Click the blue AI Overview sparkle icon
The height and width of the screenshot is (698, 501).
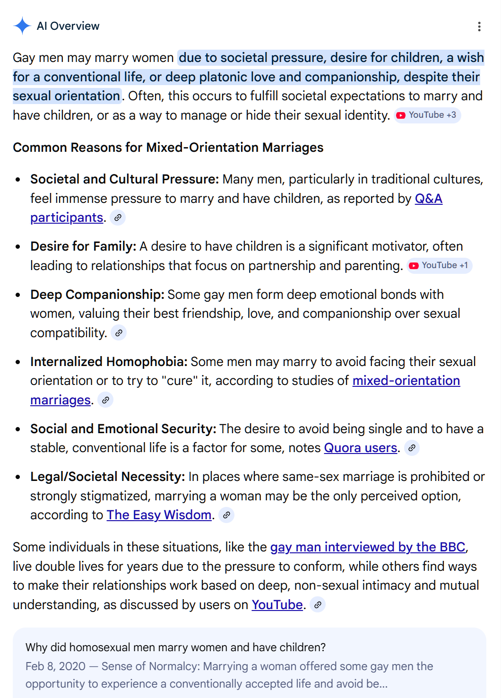click(22, 26)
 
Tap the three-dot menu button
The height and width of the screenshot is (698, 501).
click(479, 26)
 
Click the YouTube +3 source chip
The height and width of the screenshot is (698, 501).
click(427, 115)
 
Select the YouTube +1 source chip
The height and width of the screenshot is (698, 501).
click(440, 265)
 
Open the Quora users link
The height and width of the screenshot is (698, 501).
click(360, 448)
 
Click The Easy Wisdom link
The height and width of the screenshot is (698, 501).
click(159, 515)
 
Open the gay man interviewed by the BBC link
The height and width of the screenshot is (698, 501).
click(368, 547)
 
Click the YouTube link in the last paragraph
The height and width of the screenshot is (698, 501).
click(277, 605)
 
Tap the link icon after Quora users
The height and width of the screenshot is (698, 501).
click(412, 448)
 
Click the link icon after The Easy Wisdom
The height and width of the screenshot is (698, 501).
click(227, 515)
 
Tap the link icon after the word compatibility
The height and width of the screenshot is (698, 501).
click(119, 333)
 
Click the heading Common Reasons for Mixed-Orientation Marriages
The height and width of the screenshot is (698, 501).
click(168, 148)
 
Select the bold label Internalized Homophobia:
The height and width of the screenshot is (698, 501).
click(109, 362)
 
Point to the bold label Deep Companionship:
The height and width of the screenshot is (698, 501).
click(97, 295)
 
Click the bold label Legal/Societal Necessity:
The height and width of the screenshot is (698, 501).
click(107, 477)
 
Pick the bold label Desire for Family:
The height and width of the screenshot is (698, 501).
click(83, 246)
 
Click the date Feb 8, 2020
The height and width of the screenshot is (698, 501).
click(55, 666)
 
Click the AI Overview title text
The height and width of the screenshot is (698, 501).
click(68, 26)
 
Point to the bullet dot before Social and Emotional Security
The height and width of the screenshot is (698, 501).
click(18, 429)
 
